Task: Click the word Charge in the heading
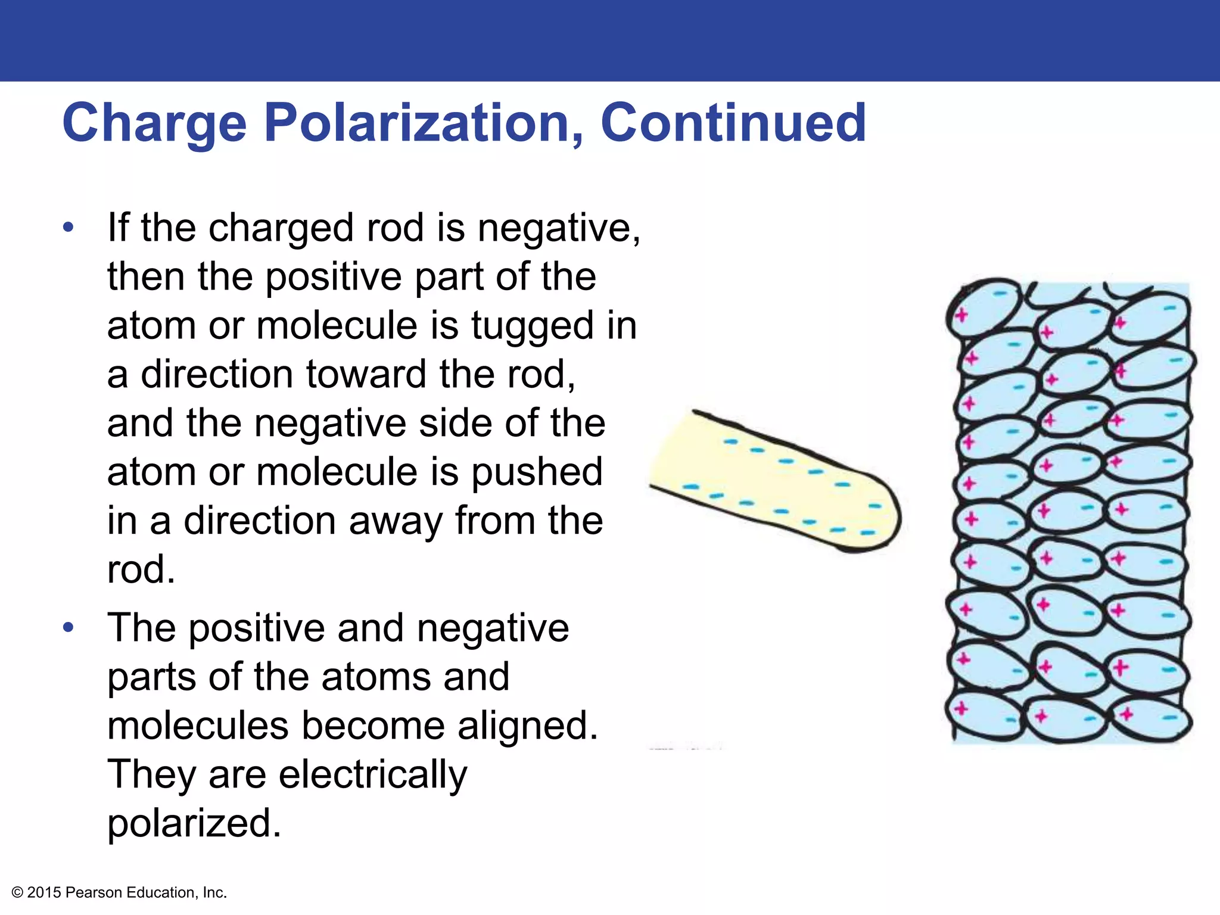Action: pos(154,123)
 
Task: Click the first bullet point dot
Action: pos(69,227)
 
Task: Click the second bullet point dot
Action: pos(69,627)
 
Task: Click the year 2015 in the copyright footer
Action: pos(44,892)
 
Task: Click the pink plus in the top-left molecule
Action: pos(960,315)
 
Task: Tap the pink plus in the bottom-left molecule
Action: pos(960,709)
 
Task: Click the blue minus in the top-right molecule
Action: pos(1169,309)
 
